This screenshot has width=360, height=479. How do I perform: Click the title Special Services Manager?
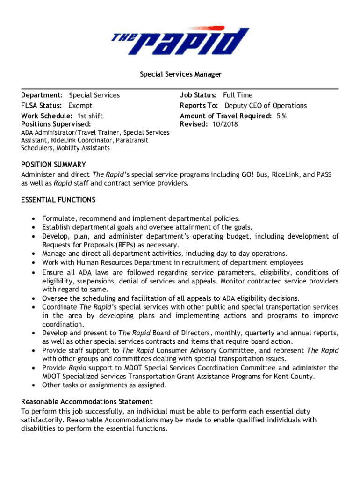click(x=180, y=74)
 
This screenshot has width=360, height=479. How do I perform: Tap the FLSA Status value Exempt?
click(x=80, y=106)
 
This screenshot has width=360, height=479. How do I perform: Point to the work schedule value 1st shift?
click(x=90, y=116)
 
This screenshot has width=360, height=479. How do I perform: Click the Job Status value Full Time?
click(x=238, y=95)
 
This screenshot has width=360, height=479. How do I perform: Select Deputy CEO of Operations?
click(x=266, y=106)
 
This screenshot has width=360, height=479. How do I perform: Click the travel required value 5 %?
click(x=281, y=116)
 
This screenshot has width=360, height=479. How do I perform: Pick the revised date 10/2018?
click(x=224, y=124)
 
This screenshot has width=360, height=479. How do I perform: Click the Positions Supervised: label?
click(x=56, y=124)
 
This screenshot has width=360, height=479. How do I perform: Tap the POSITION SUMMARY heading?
click(x=54, y=165)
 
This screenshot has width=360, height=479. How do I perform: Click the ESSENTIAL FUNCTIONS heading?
click(x=58, y=200)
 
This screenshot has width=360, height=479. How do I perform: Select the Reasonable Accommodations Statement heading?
click(x=87, y=401)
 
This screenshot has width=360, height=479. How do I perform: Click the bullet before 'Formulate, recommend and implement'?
click(x=34, y=218)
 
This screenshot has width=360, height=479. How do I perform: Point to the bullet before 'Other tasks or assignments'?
click(x=34, y=385)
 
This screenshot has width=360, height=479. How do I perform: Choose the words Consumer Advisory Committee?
click(x=208, y=350)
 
